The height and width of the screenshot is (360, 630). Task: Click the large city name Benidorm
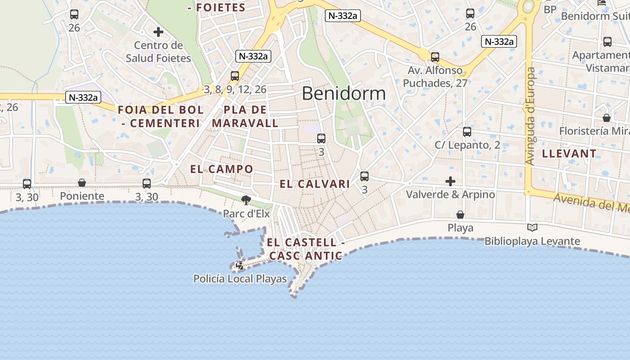coord(344,94)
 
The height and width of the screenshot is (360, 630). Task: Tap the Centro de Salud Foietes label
coord(158,52)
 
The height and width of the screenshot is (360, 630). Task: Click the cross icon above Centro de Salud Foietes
coord(158,32)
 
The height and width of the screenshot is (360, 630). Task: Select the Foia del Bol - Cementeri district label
coord(161,116)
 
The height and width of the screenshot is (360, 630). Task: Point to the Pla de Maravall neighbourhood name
coord(245,116)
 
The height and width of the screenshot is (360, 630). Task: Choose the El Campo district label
coord(221,169)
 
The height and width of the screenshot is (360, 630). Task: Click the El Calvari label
coord(315,184)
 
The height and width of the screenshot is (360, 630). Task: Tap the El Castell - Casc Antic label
coord(306,249)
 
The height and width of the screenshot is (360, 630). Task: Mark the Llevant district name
coord(569,153)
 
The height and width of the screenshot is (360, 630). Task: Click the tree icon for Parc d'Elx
coord(246,200)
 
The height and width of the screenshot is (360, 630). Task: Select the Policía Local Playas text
coord(240,279)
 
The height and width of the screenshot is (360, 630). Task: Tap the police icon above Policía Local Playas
coord(240,265)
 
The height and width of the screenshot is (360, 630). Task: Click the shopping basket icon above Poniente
coord(82,183)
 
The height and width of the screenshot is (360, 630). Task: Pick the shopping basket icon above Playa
coord(460,215)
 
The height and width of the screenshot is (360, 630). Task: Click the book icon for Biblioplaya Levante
coord(532,228)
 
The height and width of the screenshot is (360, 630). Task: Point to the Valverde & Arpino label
coord(450,194)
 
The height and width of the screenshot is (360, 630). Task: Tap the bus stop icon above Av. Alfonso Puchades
coord(435,57)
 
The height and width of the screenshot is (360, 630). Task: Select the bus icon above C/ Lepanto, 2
coord(467,132)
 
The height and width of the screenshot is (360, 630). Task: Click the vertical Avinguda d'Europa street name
coord(531,116)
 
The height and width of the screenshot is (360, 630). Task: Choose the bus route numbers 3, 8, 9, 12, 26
coord(235,90)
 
